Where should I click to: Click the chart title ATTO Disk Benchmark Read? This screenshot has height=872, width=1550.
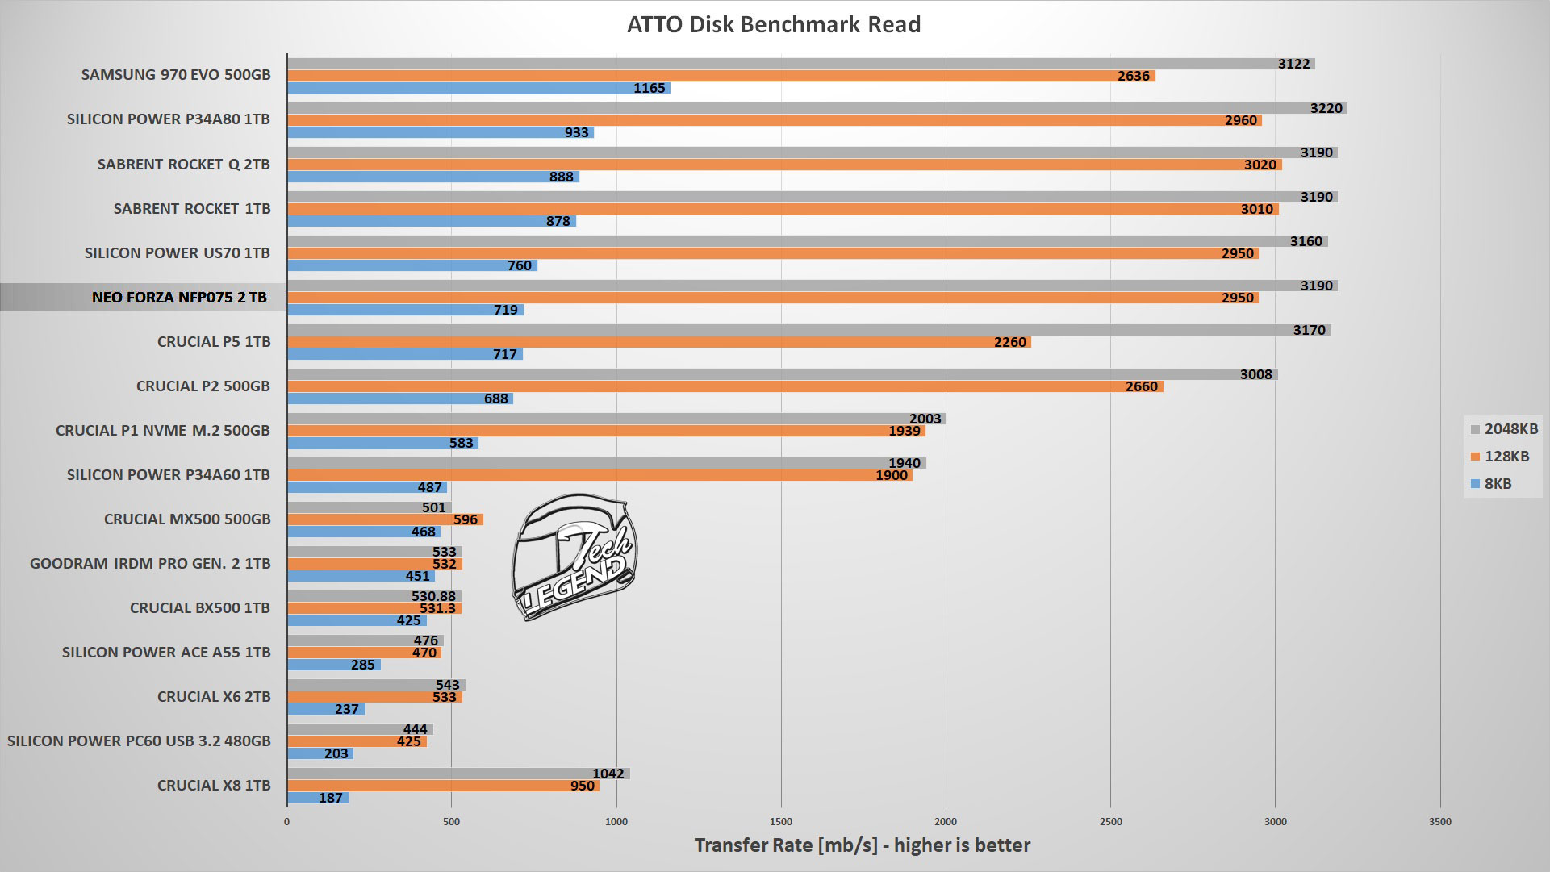click(x=773, y=24)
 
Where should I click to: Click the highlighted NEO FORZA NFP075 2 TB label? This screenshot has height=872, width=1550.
click(x=179, y=297)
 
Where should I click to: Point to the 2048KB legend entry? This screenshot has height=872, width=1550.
click(x=1505, y=429)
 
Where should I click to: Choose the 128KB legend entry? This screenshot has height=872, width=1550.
click(x=1501, y=457)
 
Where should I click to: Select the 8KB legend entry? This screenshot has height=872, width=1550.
click(x=1492, y=484)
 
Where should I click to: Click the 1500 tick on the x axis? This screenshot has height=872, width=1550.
click(x=781, y=822)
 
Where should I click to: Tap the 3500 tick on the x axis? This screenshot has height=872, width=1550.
click(x=1439, y=822)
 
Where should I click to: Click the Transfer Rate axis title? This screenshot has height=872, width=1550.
click(x=862, y=845)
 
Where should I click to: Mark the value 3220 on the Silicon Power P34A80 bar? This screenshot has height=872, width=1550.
click(x=1326, y=108)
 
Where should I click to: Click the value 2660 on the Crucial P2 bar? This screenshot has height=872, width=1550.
click(x=1141, y=386)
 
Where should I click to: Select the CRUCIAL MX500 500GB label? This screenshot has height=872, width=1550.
click(x=187, y=519)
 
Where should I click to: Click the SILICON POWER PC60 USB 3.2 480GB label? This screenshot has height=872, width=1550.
click(x=139, y=741)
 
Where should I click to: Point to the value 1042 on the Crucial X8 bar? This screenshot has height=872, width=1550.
click(x=608, y=774)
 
